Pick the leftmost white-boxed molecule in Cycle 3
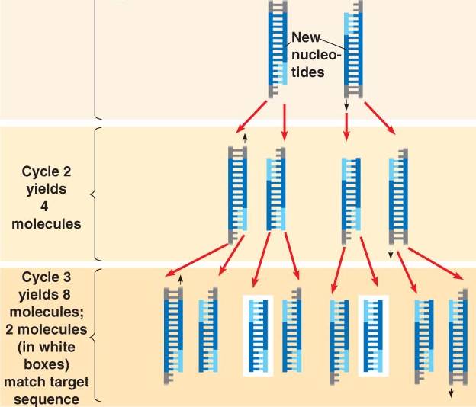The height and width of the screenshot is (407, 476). click(257, 335)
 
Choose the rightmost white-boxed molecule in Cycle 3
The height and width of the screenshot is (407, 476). click(374, 335)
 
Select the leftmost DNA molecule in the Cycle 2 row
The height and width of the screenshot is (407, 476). click(238, 191)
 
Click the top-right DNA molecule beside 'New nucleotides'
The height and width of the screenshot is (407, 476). click(349, 50)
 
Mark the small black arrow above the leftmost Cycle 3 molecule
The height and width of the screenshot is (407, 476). click(180, 280)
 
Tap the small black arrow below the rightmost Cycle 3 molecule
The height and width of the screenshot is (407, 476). click(451, 393)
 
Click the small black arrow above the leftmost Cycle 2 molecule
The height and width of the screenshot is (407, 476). click(245, 138)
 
